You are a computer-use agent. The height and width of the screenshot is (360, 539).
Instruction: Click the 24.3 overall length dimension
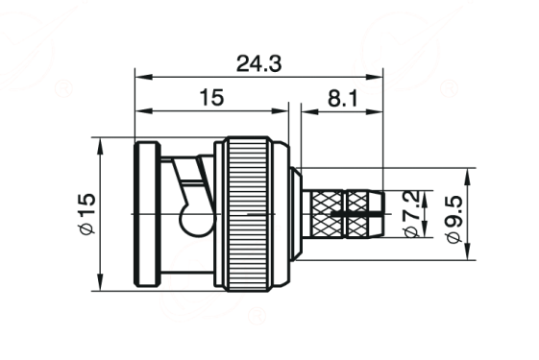click(258, 64)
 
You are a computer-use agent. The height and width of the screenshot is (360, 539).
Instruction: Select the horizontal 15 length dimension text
click(211, 97)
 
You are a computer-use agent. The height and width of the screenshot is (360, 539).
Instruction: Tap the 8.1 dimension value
click(343, 98)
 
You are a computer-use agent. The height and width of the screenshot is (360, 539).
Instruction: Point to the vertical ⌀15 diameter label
click(87, 214)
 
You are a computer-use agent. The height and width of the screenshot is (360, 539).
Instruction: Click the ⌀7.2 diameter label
click(412, 214)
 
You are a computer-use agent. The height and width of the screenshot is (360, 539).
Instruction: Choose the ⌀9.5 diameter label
click(454, 219)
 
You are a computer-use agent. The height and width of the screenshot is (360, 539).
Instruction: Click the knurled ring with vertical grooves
click(248, 214)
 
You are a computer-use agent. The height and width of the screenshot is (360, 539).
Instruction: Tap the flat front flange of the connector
click(147, 214)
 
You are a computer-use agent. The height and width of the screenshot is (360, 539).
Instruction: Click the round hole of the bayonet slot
click(194, 220)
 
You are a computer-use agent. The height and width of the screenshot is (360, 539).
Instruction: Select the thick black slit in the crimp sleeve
click(356, 214)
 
